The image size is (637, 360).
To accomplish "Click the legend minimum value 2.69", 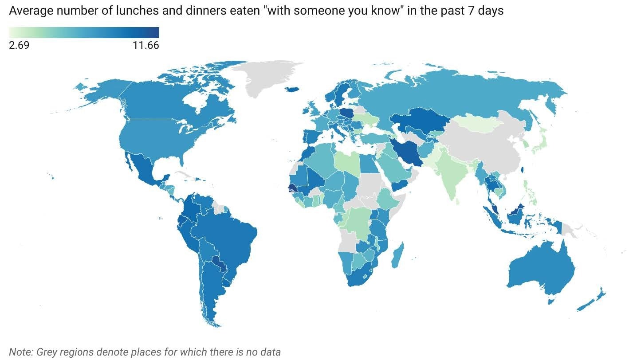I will [x=19, y=45].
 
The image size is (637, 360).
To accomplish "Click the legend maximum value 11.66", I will [x=145, y=45].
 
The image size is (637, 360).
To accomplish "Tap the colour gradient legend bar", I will [x=84, y=32].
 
